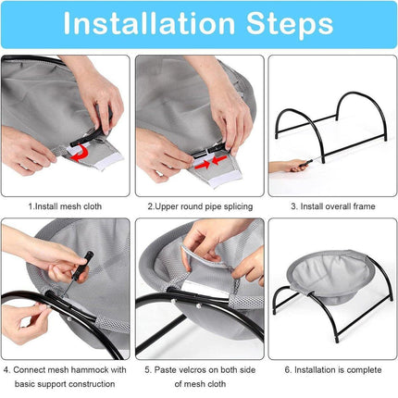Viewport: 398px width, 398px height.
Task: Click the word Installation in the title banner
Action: [149, 23]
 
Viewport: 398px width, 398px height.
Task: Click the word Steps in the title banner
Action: [290, 25]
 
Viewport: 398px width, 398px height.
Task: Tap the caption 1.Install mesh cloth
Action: [65, 206]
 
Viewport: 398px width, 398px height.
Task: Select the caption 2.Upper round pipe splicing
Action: [200, 206]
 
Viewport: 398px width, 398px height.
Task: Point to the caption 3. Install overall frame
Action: [333, 206]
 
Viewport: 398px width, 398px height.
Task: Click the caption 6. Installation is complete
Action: [333, 369]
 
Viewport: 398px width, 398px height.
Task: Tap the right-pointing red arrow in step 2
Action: [202, 164]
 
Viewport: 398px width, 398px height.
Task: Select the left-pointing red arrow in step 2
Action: [219, 160]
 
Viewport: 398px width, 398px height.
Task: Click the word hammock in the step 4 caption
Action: [89, 369]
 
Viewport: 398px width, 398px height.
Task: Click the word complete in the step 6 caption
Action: [364, 370]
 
